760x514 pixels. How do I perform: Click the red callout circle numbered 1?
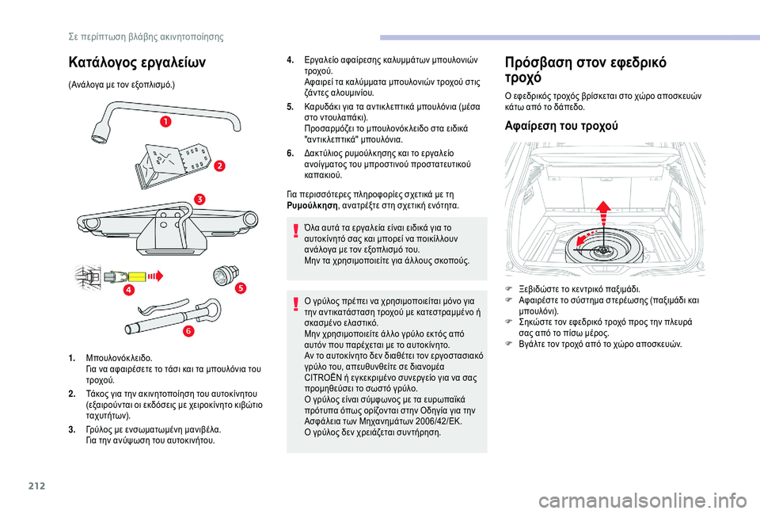click(167, 121)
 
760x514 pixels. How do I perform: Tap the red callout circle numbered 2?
click(218, 166)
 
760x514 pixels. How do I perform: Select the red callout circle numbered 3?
click(200, 199)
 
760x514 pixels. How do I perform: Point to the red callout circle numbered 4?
click(128, 291)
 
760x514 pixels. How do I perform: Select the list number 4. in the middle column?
click(291, 59)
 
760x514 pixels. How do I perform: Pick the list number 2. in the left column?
click(73, 393)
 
